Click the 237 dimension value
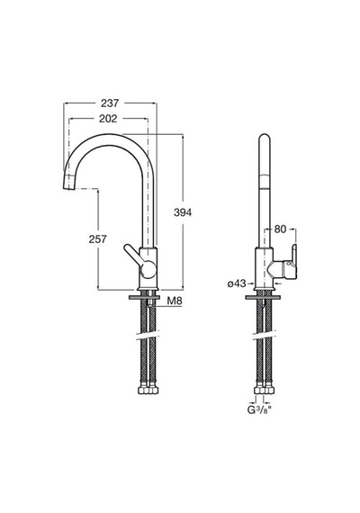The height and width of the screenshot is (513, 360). (110, 103)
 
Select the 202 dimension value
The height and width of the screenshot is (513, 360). (108, 119)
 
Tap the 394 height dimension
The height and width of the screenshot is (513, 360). (183, 212)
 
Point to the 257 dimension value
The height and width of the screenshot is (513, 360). (97, 239)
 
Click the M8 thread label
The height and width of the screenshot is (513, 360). (174, 301)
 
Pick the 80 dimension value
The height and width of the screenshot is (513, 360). (280, 229)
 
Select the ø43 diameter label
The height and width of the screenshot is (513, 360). (237, 283)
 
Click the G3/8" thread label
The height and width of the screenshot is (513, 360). (258, 409)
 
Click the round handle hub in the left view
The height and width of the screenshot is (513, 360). (148, 270)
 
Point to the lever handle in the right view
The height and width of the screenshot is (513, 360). (291, 262)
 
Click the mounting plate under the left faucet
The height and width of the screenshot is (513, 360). (145, 297)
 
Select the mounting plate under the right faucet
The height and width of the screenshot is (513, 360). (263, 297)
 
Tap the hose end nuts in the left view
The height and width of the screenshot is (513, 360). (148, 390)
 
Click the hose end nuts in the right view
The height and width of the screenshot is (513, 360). (265, 390)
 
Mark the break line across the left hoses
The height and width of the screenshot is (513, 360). (148, 336)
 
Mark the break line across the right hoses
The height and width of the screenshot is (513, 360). (264, 336)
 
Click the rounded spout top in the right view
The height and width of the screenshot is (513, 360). (265, 139)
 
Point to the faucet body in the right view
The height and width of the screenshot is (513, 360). (264, 269)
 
